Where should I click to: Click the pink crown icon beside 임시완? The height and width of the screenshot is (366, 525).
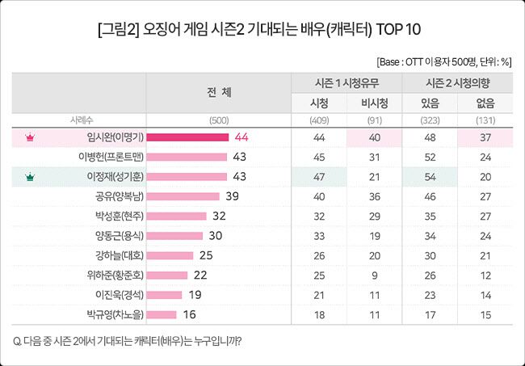pyautogui.click(x=30, y=137)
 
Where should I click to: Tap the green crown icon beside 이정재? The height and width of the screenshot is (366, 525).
pyautogui.click(x=30, y=176)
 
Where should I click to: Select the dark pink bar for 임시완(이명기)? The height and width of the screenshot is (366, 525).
pyautogui.click(x=187, y=137)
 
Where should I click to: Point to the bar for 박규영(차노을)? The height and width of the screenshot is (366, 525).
pyautogui.click(x=162, y=314)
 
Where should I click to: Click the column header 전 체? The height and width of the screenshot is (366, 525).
pyautogui.click(x=219, y=92)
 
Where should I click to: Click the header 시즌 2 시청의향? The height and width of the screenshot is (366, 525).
pyautogui.click(x=458, y=83)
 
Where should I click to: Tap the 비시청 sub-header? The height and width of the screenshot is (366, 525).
pyautogui.click(x=374, y=103)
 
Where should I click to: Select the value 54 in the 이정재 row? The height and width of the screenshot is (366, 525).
pyautogui.click(x=430, y=176)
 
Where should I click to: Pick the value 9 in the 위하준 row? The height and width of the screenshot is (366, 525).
pyautogui.click(x=374, y=275)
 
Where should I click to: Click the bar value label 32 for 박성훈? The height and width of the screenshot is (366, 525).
pyautogui.click(x=218, y=216)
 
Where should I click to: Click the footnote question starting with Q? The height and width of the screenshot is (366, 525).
pyautogui.click(x=128, y=339)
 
